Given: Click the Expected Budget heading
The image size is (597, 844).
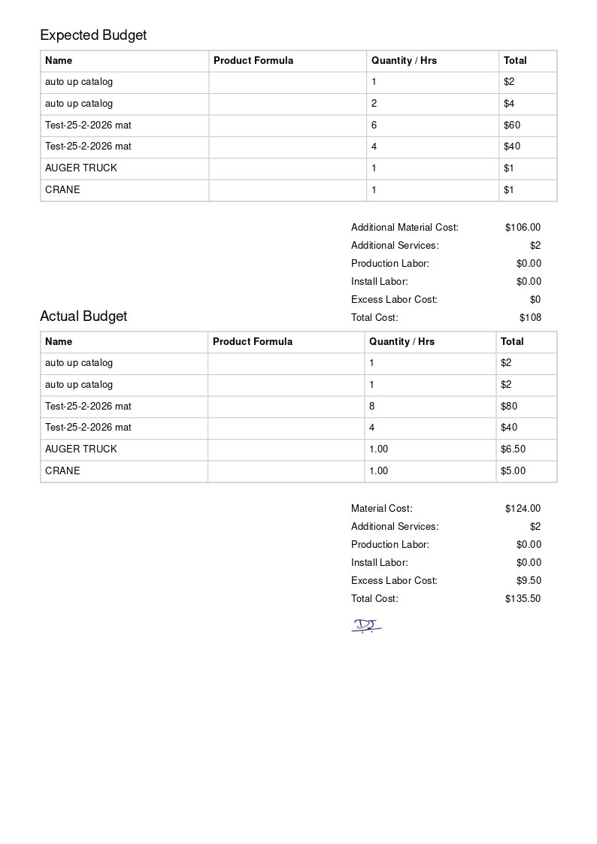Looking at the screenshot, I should point(93,35).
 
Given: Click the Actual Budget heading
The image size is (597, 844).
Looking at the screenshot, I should point(83,316).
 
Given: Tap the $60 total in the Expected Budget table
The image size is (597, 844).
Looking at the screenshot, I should point(512,125).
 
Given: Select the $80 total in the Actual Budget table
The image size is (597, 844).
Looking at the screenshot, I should point(509,406).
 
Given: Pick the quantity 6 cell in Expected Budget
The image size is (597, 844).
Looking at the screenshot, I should point(374,125).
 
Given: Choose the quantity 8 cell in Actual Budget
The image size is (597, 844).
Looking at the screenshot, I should point(372,406).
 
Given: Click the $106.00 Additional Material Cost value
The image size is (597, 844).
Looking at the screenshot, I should point(523,227).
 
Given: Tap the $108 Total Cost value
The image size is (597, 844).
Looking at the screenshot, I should point(530,317).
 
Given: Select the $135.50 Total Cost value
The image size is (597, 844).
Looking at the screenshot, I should point(523,598).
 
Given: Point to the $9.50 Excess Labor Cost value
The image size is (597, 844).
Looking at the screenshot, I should point(529,580).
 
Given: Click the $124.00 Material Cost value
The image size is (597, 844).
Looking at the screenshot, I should point(523,508).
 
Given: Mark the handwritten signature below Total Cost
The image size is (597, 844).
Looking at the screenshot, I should point(366,625).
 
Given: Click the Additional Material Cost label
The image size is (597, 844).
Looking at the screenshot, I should point(405,227).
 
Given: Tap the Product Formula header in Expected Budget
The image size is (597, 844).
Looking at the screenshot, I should point(253,60).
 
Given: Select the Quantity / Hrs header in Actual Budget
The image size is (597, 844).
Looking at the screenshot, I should point(402,341).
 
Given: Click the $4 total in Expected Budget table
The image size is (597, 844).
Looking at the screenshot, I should point(509,103).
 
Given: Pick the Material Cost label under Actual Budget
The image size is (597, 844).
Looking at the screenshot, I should point(382,508).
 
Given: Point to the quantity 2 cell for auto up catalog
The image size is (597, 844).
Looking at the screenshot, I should point(374,103).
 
